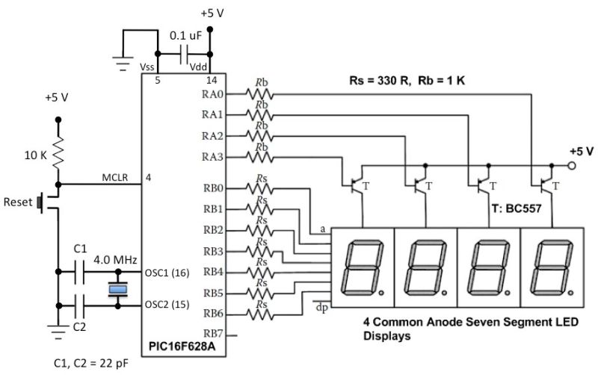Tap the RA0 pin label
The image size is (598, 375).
(x=212, y=94)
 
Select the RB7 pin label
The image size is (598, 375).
(x=212, y=334)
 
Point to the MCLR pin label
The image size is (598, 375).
(x=116, y=178)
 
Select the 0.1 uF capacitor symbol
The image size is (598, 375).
(x=184, y=54)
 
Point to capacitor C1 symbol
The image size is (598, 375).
(x=82, y=272)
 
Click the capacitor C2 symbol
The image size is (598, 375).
(x=82, y=303)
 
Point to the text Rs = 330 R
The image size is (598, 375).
(x=377, y=80)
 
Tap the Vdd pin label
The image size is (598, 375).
(x=199, y=67)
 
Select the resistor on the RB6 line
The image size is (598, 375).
(x=262, y=314)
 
